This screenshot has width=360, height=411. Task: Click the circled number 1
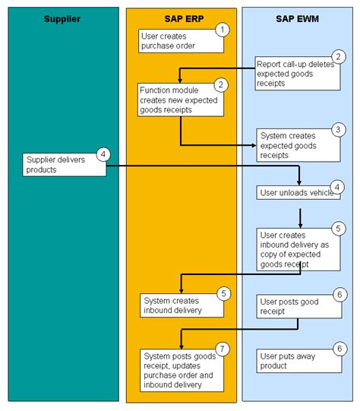coord(221,30)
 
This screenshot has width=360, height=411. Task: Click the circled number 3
coord(339,130)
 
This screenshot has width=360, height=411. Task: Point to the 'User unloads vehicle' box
coord(297,193)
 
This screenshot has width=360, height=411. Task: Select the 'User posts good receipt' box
coord(297,306)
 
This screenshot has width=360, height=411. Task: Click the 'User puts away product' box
coord(297,360)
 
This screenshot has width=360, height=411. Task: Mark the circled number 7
coord(221,349)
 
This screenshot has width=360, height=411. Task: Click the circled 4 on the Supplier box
coord(104,154)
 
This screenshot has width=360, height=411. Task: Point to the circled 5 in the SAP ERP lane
coord(222,292)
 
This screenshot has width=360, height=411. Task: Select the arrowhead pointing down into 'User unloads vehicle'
coord(299,182)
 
